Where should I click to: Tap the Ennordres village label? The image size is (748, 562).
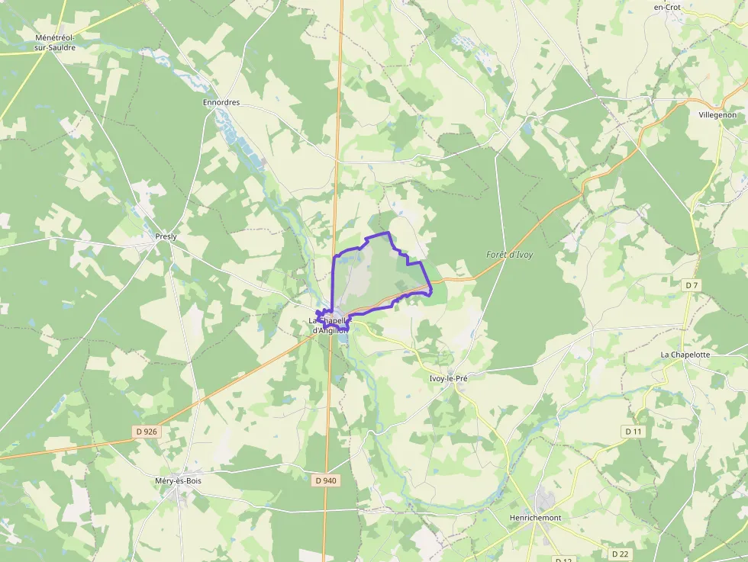221,102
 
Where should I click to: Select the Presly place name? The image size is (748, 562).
166,236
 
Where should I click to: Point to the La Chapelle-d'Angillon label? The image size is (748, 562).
329,326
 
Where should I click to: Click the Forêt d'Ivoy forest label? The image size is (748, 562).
510,255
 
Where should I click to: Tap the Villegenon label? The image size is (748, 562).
717,114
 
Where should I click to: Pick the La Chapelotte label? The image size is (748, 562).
685,355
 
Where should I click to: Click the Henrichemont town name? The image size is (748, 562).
535,518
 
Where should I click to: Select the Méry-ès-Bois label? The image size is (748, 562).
178,481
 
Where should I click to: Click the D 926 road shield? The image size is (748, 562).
147,432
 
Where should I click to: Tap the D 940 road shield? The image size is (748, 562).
325,480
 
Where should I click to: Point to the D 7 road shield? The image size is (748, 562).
692,285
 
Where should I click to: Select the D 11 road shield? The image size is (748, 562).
634,432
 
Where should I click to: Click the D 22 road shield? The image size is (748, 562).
620,554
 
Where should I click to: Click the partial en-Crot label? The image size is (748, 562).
667,7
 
